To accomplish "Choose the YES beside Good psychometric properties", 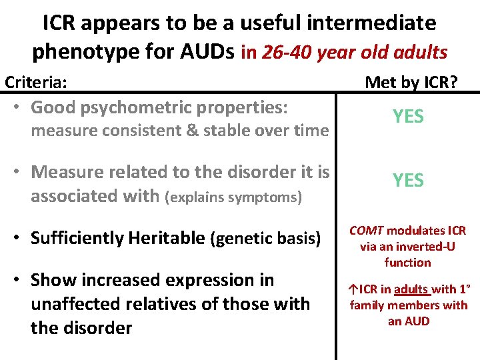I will [x=408, y=117].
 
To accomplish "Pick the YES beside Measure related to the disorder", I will [x=408, y=180].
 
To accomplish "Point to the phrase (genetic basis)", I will [x=266, y=239].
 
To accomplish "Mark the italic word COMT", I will [x=366, y=231].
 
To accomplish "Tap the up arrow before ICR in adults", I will [x=353, y=290].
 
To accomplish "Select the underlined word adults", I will [x=410, y=290].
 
